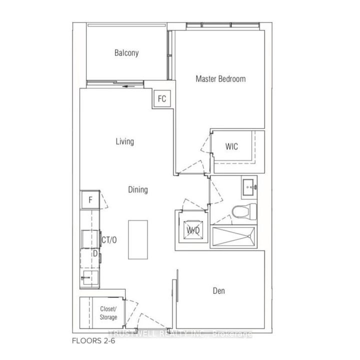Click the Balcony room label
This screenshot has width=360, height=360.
pos(126,53)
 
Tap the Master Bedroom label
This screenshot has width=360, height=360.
pos(220,79)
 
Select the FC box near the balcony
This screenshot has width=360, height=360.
pos(162,98)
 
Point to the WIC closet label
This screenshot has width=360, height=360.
pos(231,147)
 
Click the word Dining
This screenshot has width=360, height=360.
pos(137,190)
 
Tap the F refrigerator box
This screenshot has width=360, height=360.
pos(90,200)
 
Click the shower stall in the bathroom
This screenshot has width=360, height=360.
pos(234,237)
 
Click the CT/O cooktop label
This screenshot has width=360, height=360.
pos(109,240)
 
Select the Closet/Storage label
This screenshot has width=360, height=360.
pos(108,313)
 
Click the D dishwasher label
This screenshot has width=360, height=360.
pos(95,253)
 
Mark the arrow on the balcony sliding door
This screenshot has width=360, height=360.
pos(131,86)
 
